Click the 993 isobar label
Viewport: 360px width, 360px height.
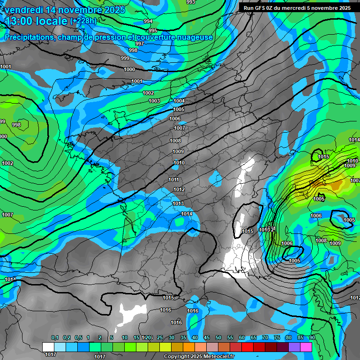click(191, 2)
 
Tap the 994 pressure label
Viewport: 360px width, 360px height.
click(148, 22)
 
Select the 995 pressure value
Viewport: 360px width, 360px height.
click(153, 30)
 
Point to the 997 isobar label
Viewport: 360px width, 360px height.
click(140, 44)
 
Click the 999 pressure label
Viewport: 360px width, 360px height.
click(125, 58)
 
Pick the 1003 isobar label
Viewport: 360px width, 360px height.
click(154, 101)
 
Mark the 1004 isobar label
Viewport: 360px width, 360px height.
click(179, 101)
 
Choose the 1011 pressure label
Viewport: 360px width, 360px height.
click(173, 180)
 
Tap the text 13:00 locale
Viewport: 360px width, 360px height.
click(36, 21)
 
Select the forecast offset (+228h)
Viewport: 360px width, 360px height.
click(83, 21)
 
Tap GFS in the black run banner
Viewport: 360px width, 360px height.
click(262, 8)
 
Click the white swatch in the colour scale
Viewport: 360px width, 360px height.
click(48, 347)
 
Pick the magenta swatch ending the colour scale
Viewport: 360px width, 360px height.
click(306, 347)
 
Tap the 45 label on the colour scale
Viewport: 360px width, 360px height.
click(207, 338)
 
